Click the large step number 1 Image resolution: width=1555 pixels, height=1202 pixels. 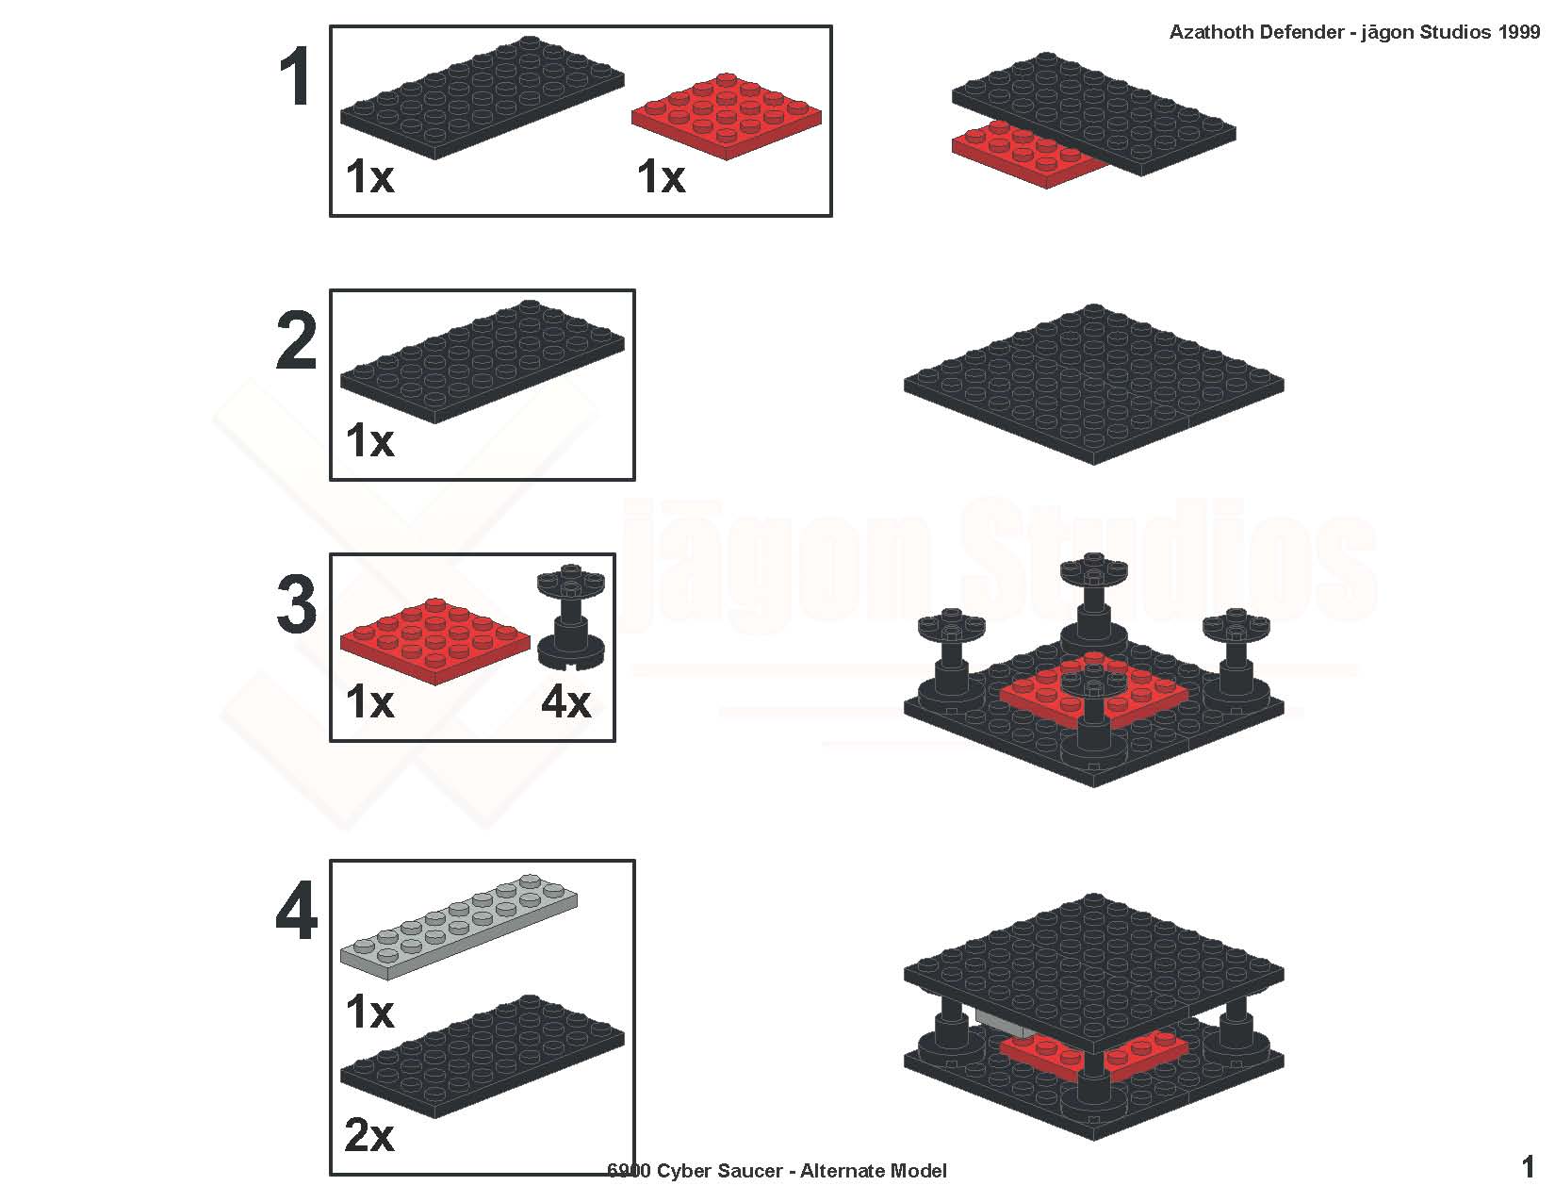[x=296, y=76]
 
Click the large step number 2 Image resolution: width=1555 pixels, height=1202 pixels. [x=296, y=340]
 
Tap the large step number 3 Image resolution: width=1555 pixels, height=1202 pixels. [x=296, y=605]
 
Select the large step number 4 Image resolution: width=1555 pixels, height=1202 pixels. [x=296, y=911]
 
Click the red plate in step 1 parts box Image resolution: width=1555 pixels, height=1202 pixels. [x=727, y=117]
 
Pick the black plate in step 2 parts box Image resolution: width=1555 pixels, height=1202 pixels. [x=482, y=361]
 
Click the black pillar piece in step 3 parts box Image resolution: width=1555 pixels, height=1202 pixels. [x=571, y=617]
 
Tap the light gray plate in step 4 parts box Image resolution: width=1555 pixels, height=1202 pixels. [x=459, y=927]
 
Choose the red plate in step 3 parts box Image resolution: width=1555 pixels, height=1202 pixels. [x=435, y=642]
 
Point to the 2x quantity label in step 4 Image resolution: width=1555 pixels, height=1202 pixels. [x=369, y=1135]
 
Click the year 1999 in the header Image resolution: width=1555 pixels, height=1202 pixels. [x=1519, y=32]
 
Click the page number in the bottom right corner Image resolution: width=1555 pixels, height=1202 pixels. [x=1528, y=1168]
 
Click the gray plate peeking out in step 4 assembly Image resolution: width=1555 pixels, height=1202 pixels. [x=1002, y=1024]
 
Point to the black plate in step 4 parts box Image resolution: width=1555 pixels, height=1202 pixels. [x=482, y=1056]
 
